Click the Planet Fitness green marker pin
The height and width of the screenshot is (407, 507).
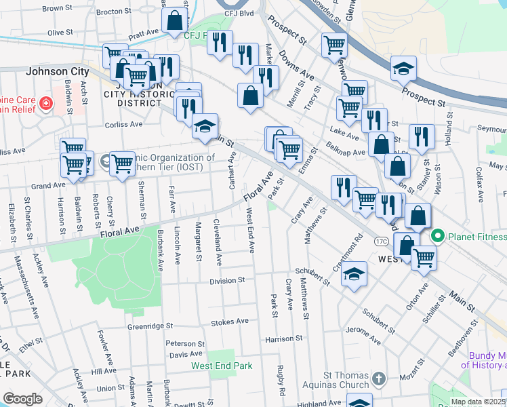click(438, 237)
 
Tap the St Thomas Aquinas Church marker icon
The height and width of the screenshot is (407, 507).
click(379, 376)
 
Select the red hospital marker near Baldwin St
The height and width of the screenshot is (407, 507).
click(46, 104)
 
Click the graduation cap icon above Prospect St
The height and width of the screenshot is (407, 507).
click(403, 69)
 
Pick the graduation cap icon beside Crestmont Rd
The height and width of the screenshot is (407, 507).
click(353, 275)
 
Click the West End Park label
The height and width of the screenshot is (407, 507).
click(222, 366)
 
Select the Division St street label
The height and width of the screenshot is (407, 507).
click(226, 279)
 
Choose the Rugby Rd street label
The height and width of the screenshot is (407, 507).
click(280, 379)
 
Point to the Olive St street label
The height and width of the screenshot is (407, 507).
click(60, 33)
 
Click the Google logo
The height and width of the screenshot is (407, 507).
click(22, 399)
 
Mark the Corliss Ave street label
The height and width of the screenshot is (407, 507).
click(124, 125)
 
